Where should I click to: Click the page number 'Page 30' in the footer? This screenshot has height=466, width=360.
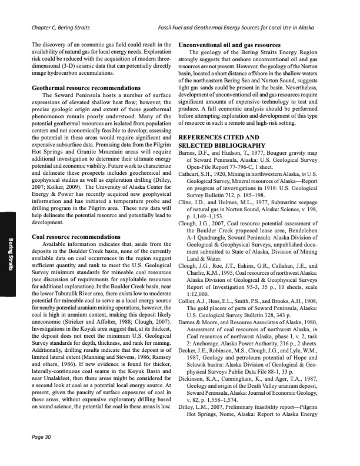coord(42,452)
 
